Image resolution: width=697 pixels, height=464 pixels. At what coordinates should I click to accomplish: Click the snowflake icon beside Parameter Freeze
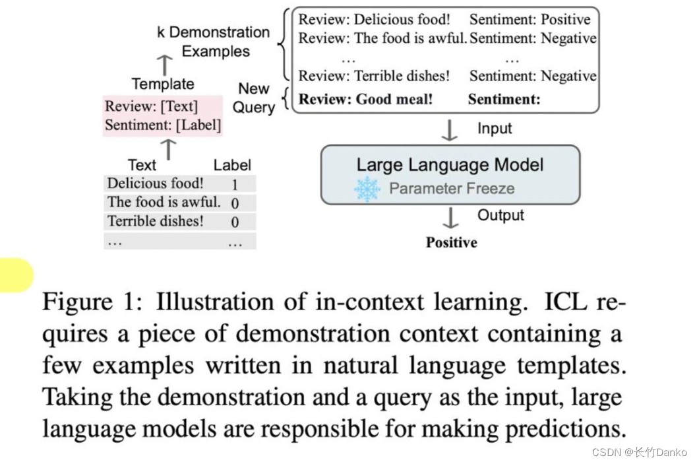pyautogui.click(x=367, y=189)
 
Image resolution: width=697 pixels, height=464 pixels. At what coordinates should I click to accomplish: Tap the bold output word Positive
pyautogui.click(x=451, y=242)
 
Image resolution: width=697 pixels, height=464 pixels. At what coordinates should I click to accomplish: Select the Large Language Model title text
pyautogui.click(x=450, y=164)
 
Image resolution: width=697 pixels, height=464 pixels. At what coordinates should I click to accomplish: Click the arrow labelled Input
pyautogui.click(x=449, y=130)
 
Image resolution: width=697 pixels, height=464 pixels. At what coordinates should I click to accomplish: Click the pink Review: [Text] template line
pyautogui.click(x=151, y=106)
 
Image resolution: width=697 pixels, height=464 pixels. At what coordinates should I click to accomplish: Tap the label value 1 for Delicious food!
pyautogui.click(x=235, y=184)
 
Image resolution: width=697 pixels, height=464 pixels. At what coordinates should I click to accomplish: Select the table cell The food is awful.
pyautogui.click(x=164, y=202)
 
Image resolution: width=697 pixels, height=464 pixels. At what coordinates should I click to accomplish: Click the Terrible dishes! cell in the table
pyautogui.click(x=156, y=221)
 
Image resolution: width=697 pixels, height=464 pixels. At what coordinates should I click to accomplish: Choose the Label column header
pyautogui.click(x=232, y=165)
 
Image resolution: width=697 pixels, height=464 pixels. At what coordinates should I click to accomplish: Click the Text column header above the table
pyautogui.click(x=142, y=165)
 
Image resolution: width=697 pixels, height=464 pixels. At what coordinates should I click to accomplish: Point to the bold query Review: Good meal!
pyautogui.click(x=366, y=100)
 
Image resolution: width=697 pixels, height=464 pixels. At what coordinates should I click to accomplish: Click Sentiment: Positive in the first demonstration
pyautogui.click(x=530, y=19)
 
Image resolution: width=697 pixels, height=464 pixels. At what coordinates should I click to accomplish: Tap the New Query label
pyautogui.click(x=254, y=98)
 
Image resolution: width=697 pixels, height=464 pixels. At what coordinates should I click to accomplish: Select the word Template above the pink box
pyautogui.click(x=163, y=84)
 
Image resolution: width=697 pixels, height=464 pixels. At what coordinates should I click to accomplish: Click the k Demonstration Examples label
pyautogui.click(x=214, y=41)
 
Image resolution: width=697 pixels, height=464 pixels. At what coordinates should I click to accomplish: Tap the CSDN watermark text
pyautogui.click(x=639, y=452)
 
